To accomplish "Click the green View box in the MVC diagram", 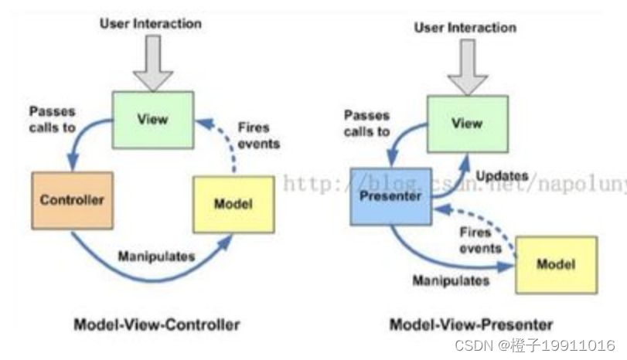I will click(x=152, y=119).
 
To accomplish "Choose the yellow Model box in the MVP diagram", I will click(x=555, y=263).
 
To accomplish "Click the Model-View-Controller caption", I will click(x=156, y=324).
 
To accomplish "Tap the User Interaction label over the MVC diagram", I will click(x=151, y=23).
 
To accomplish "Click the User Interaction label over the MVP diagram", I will click(x=465, y=28).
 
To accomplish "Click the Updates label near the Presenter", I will click(x=502, y=176).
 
